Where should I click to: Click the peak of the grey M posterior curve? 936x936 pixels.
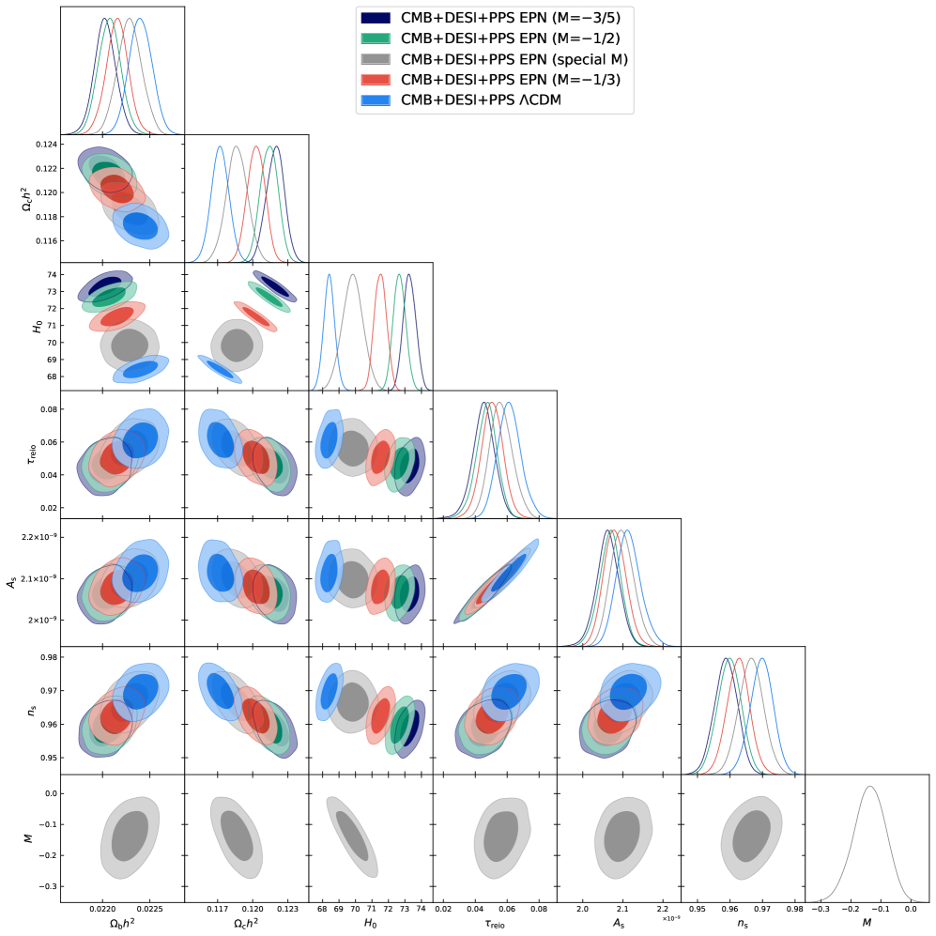[869, 787]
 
